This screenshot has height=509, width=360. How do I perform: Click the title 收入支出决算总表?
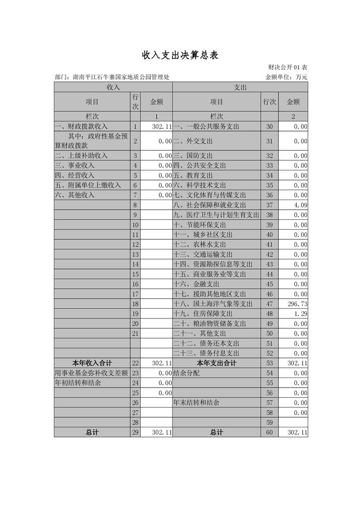[179, 55]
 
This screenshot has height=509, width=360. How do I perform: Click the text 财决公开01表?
[287, 68]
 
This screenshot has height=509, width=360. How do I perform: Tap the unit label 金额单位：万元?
[286, 77]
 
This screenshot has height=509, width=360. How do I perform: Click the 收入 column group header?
[113, 87]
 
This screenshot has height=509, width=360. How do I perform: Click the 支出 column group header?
[240, 87]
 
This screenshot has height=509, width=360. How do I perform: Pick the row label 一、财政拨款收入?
[82, 126]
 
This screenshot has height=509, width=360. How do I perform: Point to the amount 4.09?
[301, 205]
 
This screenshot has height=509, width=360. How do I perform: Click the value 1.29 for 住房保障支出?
[301, 313]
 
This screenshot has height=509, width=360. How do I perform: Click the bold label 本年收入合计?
[92, 363]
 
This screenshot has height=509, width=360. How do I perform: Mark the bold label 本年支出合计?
[217, 363]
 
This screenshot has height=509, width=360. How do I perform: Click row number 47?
[269, 304]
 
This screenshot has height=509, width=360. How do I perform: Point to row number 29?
[135, 432]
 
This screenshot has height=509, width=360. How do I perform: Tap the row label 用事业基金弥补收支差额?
[91, 373]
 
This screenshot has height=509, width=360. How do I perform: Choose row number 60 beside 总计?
[269, 432]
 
